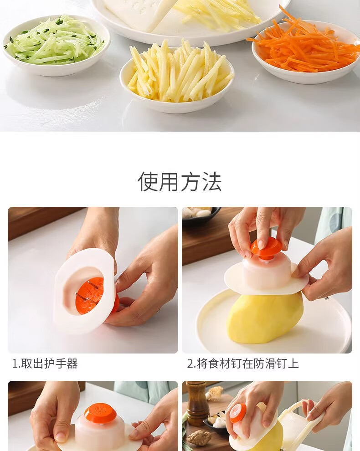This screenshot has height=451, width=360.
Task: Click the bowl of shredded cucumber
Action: click(x=56, y=46)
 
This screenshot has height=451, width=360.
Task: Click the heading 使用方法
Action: click(x=180, y=182)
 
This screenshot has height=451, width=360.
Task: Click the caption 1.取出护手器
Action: click(x=45, y=364)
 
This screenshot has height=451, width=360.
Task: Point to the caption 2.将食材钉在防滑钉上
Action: click(x=243, y=364)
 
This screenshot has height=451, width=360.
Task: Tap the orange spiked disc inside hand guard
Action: click(x=90, y=296)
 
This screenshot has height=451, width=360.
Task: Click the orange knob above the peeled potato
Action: click(x=266, y=248)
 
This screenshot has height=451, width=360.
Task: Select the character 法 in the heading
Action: click(x=212, y=182)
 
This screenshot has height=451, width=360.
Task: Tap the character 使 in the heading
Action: click(x=148, y=182)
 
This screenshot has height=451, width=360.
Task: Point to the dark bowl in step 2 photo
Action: click(x=201, y=214)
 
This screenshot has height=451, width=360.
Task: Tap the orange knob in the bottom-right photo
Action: click(x=238, y=414)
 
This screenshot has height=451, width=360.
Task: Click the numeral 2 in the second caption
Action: click(x=190, y=364)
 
